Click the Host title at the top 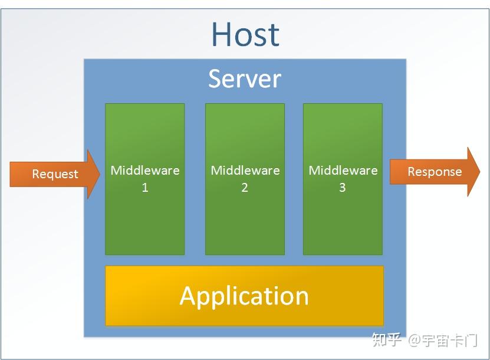245,34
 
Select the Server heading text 245,78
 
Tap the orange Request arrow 55,174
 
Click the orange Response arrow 435,172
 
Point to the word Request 55,174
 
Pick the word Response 435,171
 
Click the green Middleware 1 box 145,179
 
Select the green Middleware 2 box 245,179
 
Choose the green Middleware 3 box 343,179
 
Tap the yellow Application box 244,296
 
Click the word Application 244,296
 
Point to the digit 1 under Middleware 145,187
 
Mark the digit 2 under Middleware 245,187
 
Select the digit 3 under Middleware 343,187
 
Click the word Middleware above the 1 145,171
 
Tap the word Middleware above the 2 245,171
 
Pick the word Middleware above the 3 343,171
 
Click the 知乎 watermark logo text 387,340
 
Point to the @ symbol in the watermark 415,341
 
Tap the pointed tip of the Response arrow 480,172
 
